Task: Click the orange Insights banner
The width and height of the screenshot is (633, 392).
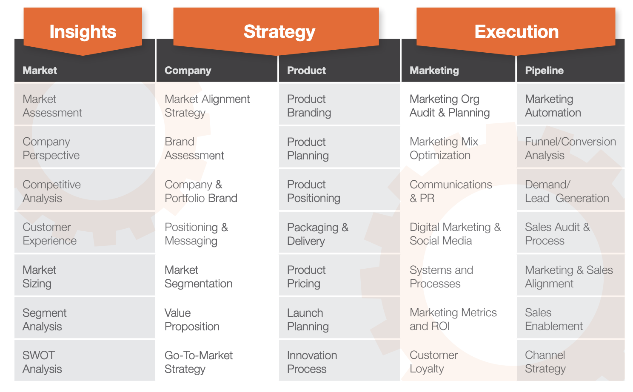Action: click(x=83, y=31)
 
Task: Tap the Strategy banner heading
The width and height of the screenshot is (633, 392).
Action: click(x=276, y=31)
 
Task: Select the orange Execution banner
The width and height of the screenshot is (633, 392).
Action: click(x=516, y=31)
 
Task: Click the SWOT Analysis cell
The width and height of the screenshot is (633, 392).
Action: click(x=85, y=361)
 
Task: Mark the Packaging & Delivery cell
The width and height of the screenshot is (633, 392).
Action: click(x=339, y=233)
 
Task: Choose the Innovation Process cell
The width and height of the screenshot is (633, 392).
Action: click(x=339, y=361)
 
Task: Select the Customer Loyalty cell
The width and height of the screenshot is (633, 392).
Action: click(x=458, y=361)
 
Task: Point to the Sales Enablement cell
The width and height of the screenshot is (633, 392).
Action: click(x=570, y=318)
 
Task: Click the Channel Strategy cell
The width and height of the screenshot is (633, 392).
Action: click(x=570, y=361)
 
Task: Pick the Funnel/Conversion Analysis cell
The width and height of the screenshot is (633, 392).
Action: click(x=570, y=147)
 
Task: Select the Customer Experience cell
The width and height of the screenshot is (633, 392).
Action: click(x=85, y=233)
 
